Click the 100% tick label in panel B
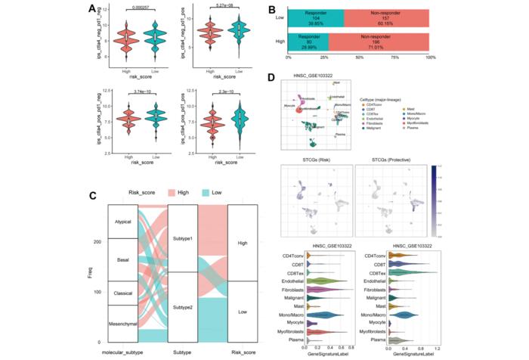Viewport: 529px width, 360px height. pos(430,57)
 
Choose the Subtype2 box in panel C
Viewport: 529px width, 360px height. pos(187,306)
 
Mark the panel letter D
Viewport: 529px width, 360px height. pos(282,76)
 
